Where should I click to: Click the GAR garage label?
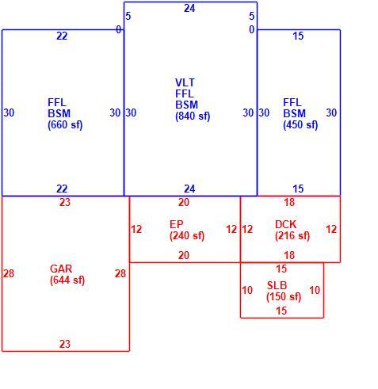pyautogui.click(x=61, y=269)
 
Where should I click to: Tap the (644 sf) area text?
pyautogui.click(x=67, y=280)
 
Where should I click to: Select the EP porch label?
pyautogui.click(x=176, y=224)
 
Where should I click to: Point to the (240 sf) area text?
pyautogui.click(x=187, y=236)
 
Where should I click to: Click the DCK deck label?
pyautogui.click(x=285, y=224)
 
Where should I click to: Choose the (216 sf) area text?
pyautogui.click(x=292, y=236)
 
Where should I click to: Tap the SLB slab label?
pyautogui.click(x=277, y=285)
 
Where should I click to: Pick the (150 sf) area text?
pyautogui.click(x=284, y=297)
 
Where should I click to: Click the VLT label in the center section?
pyautogui.click(x=185, y=82)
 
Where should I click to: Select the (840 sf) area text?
pyautogui.click(x=193, y=116)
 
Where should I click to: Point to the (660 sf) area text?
pyautogui.click(x=65, y=125)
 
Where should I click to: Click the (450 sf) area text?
pyautogui.click(x=300, y=125)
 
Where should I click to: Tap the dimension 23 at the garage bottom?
pyautogui.click(x=65, y=344)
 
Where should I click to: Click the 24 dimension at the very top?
pyautogui.click(x=189, y=9)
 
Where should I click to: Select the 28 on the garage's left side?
pyautogui.click(x=9, y=273)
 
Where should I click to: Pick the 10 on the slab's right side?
pyautogui.click(x=315, y=290)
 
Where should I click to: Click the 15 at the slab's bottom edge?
pyautogui.click(x=281, y=311)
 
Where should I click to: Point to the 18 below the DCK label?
pyautogui.click(x=289, y=255)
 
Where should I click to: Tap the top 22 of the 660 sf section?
pyautogui.click(x=62, y=36)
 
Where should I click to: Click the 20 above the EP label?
pyautogui.click(x=184, y=202)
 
